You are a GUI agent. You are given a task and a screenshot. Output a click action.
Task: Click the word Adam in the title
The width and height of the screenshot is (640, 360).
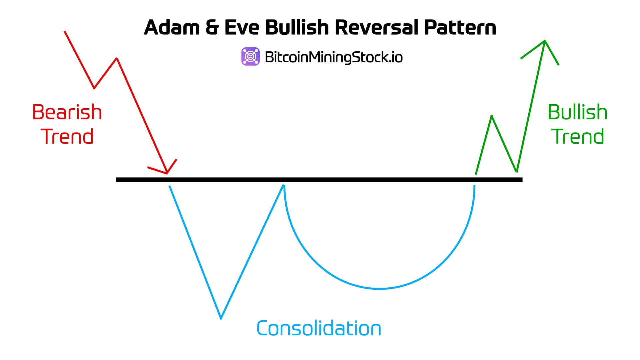pyautogui.click(x=171, y=27)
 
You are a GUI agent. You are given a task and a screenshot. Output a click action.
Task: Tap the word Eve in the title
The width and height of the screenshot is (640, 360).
pyautogui.click(x=242, y=27)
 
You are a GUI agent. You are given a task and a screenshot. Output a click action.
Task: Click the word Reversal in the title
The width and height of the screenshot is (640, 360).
pyautogui.click(x=376, y=27)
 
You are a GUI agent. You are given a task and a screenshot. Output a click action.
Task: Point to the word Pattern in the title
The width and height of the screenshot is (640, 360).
pyautogui.click(x=460, y=27)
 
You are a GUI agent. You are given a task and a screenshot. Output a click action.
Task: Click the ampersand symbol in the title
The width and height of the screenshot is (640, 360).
pyautogui.click(x=212, y=27)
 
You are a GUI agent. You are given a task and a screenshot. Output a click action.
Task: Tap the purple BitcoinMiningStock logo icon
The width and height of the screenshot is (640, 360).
pyautogui.click(x=250, y=56)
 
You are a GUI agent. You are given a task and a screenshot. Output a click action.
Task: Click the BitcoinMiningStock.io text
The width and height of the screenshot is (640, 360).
pyautogui.click(x=334, y=57)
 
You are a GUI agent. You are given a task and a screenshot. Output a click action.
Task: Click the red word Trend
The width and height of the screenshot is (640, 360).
pyautogui.click(x=67, y=137)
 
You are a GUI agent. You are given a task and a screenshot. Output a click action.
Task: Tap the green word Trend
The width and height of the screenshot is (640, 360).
pyautogui.click(x=578, y=137)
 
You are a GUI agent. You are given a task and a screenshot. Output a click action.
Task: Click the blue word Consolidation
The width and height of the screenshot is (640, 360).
pyautogui.click(x=319, y=328)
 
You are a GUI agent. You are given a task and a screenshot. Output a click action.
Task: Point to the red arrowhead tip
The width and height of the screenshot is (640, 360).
pyautogui.click(x=167, y=173)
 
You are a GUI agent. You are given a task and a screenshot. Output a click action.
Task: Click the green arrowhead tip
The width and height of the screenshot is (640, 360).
pyautogui.click(x=545, y=41)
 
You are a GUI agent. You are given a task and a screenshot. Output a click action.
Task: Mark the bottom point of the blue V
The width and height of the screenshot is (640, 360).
pyautogui.click(x=221, y=318)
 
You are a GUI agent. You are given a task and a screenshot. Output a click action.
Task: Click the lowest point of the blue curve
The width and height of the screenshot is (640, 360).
pyautogui.click(x=379, y=288)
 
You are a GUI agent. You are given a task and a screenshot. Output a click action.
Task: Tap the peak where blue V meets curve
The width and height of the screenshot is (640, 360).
pyautogui.click(x=284, y=185)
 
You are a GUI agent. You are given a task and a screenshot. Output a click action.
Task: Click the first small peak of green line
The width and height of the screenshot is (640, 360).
pyautogui.click(x=492, y=116)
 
